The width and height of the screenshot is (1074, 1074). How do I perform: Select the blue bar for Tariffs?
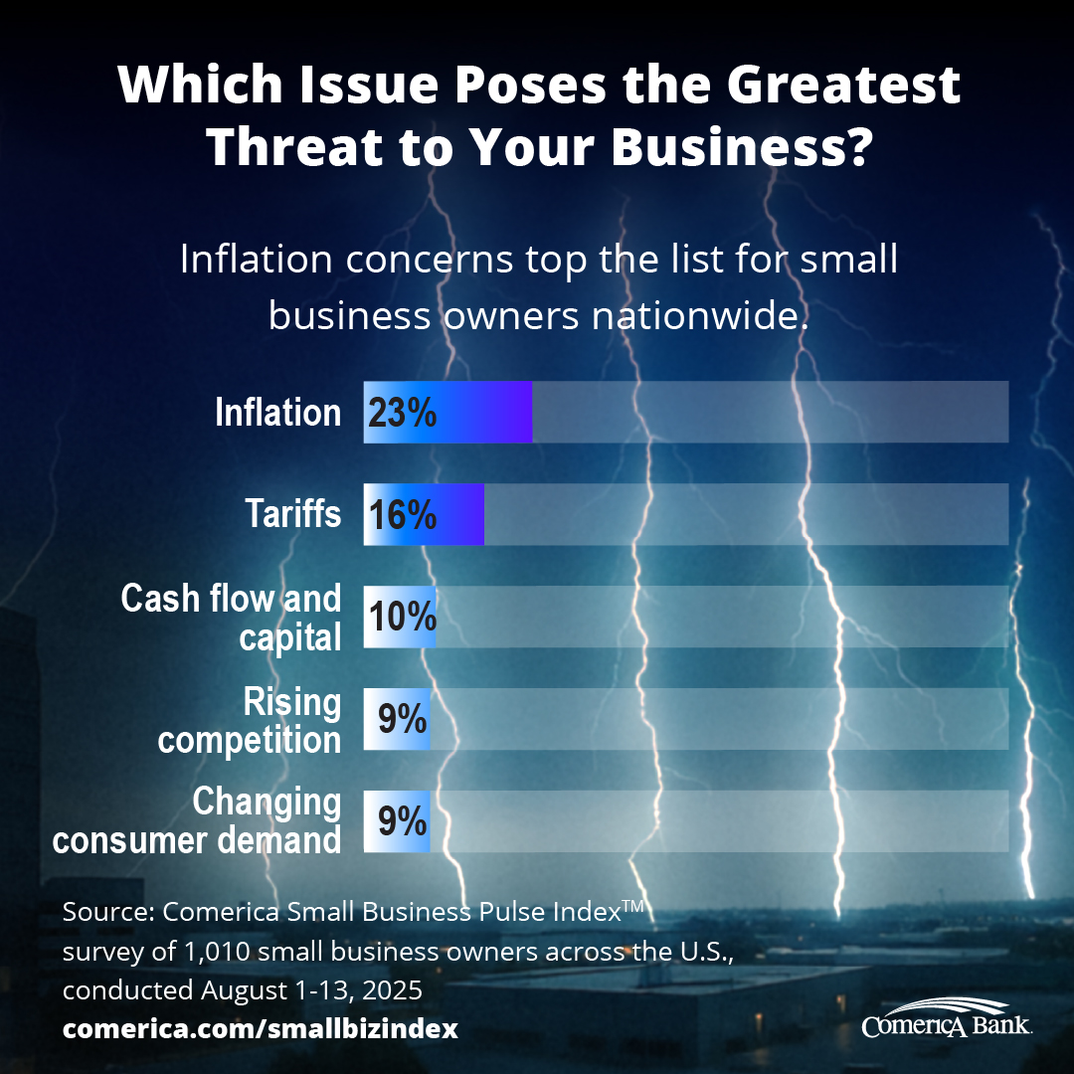458,514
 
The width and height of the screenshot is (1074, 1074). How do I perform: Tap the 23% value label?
403,413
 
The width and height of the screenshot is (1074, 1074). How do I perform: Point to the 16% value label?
403,515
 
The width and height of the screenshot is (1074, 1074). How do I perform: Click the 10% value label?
403,617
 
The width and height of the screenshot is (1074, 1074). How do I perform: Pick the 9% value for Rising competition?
403,718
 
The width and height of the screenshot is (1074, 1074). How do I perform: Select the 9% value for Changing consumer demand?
403,820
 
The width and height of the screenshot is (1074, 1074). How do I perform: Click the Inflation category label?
278,413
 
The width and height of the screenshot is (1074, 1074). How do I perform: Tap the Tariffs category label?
293,515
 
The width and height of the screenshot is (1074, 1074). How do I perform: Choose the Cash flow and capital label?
232,618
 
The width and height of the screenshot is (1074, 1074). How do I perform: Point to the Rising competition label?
251,721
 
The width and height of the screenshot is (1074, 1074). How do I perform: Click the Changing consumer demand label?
198,821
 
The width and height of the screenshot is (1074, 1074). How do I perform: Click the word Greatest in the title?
844,86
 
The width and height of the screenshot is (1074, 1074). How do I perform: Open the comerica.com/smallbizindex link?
261,1028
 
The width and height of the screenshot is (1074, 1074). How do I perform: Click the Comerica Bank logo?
947,1017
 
